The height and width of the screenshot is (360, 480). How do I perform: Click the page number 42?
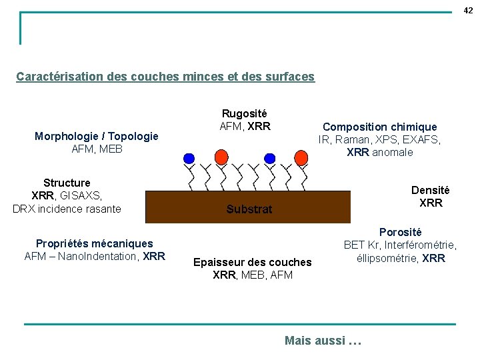pos(468,10)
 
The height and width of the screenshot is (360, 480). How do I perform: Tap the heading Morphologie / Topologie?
pos(97,136)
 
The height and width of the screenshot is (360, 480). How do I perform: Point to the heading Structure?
pos(67,183)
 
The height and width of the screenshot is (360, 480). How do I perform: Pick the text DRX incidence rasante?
pos(67,209)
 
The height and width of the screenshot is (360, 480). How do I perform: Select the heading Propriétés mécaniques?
pos(94,243)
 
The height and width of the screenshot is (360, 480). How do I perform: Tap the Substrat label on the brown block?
pos(249,209)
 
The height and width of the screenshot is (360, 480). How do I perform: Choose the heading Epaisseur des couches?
pos(252,262)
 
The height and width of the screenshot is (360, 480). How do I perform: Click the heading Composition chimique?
pos(380,127)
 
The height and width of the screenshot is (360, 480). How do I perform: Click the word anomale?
pos(393,152)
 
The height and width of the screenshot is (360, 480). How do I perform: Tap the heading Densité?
pos(430,190)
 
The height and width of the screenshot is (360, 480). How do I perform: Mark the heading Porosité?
pos(400,232)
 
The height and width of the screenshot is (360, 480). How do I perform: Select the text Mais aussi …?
pos(323,341)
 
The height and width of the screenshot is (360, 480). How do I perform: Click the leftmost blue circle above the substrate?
pos(189,159)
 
